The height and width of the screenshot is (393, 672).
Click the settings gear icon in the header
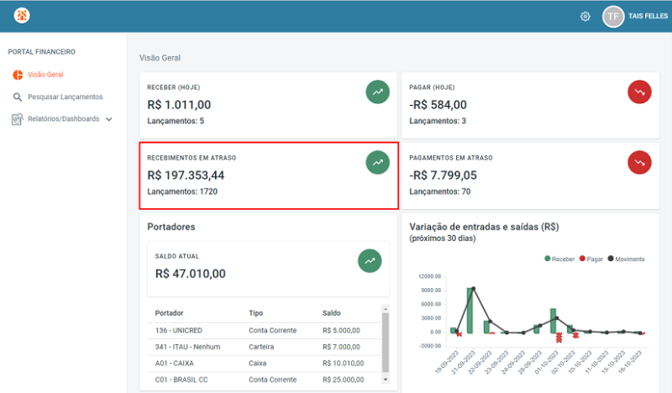585,16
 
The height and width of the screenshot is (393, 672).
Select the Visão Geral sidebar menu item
45,75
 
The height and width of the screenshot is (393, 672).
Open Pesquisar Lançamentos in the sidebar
65,97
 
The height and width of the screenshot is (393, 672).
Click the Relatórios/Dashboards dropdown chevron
109,119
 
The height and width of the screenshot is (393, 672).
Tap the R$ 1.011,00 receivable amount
179,105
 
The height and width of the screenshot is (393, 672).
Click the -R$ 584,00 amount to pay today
438,105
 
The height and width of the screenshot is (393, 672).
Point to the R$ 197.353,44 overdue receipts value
186,176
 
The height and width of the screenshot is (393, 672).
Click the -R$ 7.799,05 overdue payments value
443,176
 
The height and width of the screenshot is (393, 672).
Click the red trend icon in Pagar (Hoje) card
639,92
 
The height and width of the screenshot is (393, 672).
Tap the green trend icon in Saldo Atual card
370,261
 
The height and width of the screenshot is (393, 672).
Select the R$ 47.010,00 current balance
191,273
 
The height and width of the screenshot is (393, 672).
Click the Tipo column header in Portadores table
256,313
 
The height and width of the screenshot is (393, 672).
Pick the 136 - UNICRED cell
181,330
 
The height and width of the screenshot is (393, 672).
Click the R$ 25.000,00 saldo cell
343,380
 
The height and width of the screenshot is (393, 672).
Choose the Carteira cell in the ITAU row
262,347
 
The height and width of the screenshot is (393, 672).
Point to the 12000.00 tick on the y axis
429,276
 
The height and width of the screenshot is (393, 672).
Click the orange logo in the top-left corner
21,16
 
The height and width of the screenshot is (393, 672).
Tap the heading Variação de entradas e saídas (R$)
484,227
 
